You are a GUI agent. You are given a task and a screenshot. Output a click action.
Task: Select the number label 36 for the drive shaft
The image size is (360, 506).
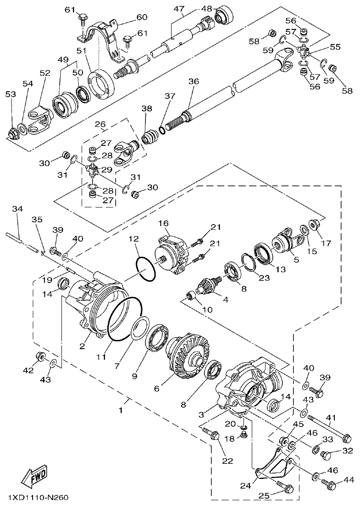(x=194, y=81)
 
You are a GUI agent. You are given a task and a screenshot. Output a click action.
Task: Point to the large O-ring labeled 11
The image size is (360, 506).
(x=125, y=319)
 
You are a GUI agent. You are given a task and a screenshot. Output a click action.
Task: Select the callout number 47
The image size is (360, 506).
(x=178, y=9)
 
